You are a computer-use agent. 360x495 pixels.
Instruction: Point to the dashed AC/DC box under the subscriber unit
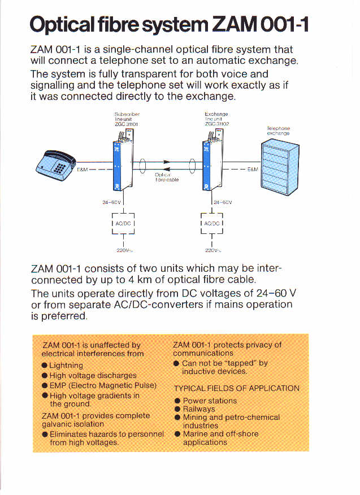pos(123,224)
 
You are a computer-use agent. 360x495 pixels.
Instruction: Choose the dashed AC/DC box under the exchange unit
pos(212,224)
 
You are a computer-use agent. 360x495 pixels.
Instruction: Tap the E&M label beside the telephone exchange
pos(253,169)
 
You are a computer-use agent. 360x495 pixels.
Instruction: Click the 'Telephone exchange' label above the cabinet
pos(278,131)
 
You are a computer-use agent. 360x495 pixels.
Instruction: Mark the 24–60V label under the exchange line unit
pos(223,202)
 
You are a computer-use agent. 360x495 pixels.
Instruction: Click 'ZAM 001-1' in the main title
pos(261,25)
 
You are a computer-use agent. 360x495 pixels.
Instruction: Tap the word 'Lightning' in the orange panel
pos(66,366)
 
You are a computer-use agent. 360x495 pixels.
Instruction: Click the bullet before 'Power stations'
pos(177,401)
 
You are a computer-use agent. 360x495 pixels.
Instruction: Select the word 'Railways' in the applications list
pos(199,409)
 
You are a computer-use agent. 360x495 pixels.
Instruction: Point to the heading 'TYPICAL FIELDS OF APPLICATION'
pos(236,388)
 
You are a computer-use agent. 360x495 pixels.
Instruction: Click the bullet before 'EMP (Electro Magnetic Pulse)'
pos(45,385)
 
